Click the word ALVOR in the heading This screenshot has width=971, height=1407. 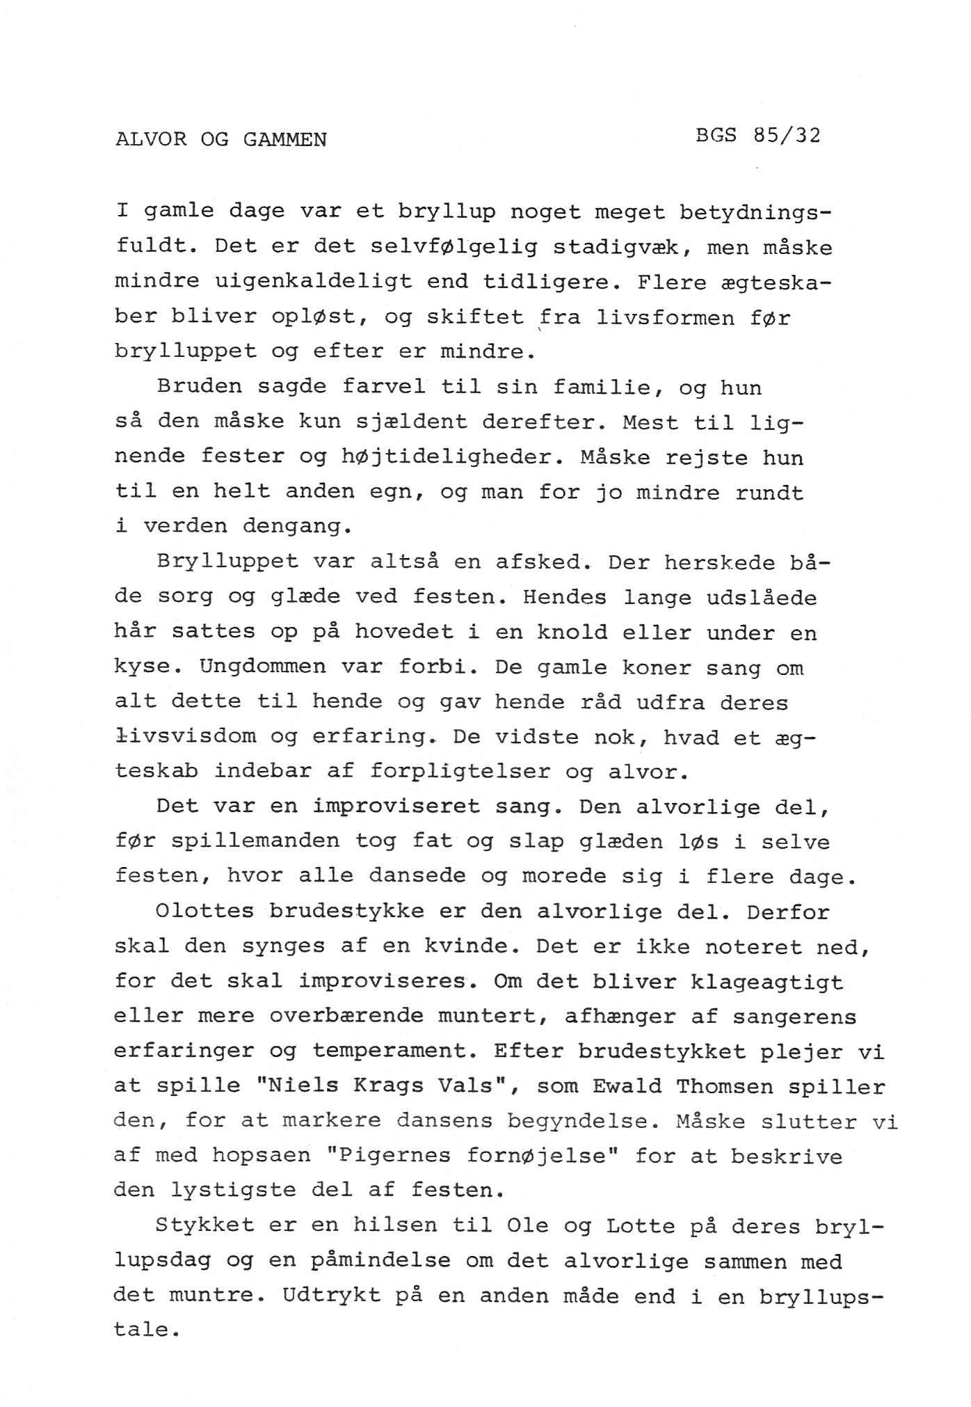151,139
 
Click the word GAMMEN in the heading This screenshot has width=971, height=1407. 284,139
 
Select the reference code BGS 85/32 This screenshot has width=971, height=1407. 757,134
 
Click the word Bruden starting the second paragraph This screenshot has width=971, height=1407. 200,387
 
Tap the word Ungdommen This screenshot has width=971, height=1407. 263,667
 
